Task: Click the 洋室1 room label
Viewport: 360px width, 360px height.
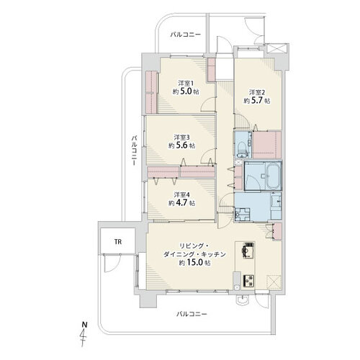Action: click(x=186, y=84)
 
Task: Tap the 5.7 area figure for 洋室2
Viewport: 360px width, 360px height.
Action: click(x=257, y=101)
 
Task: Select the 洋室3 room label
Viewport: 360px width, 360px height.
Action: click(x=181, y=138)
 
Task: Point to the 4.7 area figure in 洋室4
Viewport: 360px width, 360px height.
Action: click(x=182, y=203)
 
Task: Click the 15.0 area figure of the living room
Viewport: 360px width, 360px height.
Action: click(x=194, y=263)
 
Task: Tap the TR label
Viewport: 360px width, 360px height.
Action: click(x=118, y=242)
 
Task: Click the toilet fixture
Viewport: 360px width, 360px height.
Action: click(x=242, y=148)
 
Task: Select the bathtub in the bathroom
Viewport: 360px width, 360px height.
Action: click(x=273, y=176)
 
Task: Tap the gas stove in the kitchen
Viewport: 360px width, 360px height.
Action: click(x=248, y=281)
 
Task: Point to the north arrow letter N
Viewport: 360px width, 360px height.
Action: click(x=84, y=325)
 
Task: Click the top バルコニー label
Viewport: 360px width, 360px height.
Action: click(x=185, y=35)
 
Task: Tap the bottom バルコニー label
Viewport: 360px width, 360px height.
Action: click(x=192, y=314)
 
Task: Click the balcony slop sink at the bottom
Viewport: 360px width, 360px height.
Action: click(x=242, y=300)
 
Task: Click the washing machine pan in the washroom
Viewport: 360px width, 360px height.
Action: click(x=243, y=214)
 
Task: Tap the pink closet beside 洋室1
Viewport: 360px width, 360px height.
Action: click(x=151, y=92)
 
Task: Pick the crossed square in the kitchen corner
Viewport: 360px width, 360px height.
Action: click(x=274, y=282)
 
